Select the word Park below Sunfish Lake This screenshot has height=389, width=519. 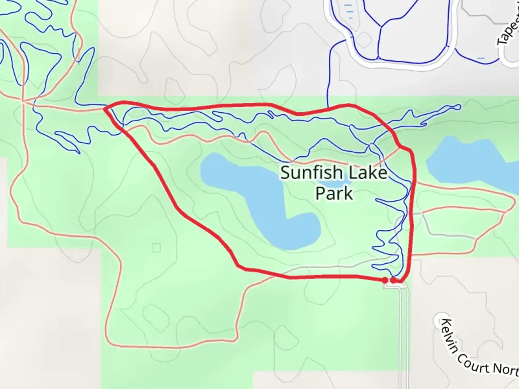(334, 193)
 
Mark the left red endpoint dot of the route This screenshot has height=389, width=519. (385, 280)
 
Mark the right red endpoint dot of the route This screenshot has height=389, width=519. (393, 280)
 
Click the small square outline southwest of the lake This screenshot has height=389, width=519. (156, 248)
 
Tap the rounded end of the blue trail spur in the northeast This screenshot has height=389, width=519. (458, 107)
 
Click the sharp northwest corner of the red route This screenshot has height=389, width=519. (105, 108)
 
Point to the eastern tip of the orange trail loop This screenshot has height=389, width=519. (513, 200)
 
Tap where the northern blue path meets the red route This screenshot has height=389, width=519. (328, 107)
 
